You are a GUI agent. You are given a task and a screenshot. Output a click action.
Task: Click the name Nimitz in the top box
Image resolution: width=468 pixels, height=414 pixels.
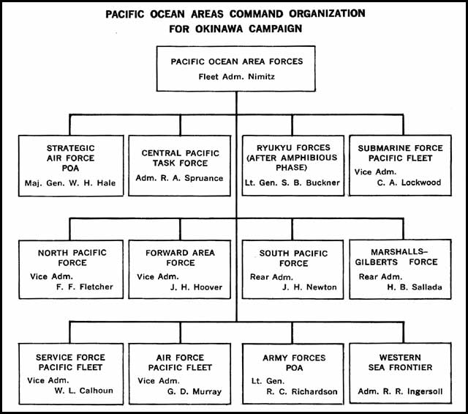262,77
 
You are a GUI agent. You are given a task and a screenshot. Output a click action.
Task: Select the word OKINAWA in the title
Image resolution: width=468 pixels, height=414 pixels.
220,29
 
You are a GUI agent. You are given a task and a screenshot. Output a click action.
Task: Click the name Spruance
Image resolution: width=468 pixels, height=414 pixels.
204,178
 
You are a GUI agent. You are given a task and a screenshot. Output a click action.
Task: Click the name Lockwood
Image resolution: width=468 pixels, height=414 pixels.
421,182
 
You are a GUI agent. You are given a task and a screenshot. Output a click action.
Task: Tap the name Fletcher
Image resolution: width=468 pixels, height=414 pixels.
96,287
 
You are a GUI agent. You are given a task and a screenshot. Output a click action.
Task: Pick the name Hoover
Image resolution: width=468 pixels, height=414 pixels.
208,287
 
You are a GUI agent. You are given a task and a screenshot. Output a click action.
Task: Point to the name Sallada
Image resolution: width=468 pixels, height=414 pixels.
427,287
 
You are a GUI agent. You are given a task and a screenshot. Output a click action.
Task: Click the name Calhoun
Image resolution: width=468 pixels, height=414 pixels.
96,391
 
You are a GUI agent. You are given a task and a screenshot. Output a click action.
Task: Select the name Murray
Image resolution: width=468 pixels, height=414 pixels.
207,391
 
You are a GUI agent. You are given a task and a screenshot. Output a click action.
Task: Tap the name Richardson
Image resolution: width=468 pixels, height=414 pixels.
314,391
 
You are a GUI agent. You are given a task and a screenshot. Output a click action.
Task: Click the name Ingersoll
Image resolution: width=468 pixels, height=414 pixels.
425,391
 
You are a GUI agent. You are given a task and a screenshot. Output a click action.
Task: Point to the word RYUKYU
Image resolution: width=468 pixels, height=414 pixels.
271,148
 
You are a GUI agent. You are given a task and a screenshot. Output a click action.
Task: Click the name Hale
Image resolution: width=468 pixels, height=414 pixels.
106,183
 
